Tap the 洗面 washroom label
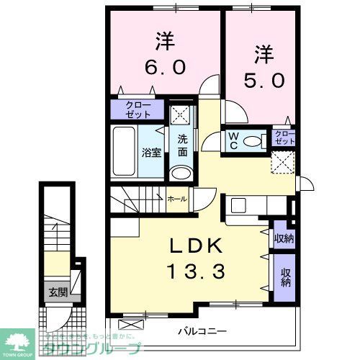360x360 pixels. pyautogui.click(x=183, y=145)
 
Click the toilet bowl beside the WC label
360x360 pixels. pyautogui.click(x=254, y=141)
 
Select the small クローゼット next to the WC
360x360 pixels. pyautogui.click(x=284, y=138)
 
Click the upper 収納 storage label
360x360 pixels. pyautogui.click(x=284, y=238)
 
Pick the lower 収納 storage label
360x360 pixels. pyautogui.click(x=287, y=277)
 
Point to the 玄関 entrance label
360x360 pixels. pyautogui.click(x=57, y=292)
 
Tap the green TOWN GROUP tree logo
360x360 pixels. pyautogui.click(x=20, y=341)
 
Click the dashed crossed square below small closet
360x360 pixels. pyautogui.click(x=282, y=161)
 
